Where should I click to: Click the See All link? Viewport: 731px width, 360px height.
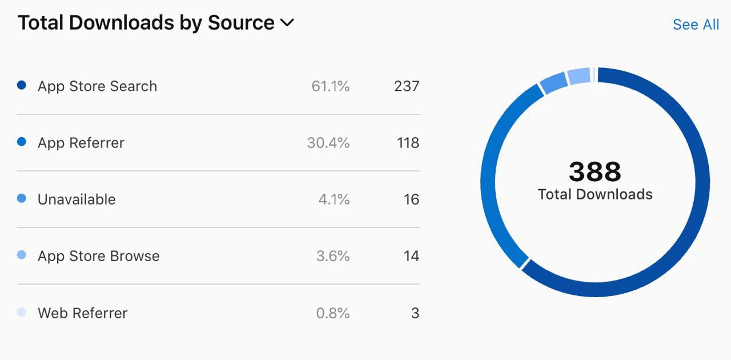[696, 25]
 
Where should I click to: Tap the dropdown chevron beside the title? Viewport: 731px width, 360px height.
[287, 23]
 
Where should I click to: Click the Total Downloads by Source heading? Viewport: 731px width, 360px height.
[146, 23]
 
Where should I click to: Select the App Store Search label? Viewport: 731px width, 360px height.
[97, 86]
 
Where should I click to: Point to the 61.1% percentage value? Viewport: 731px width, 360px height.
[330, 86]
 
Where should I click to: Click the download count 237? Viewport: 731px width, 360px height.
[407, 86]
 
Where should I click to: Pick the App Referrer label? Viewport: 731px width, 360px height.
[81, 143]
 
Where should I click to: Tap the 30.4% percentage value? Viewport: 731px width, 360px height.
[328, 143]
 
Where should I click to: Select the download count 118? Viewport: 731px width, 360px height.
[408, 143]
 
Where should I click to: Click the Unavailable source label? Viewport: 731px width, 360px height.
[77, 199]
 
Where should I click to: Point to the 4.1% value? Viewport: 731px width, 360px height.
[334, 199]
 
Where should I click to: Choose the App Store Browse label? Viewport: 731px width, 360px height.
[99, 256]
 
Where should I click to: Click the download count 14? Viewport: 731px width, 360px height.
[411, 256]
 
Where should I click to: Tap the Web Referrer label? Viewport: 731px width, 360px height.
[83, 313]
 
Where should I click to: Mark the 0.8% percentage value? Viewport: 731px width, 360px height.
[333, 313]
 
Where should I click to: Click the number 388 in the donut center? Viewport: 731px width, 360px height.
[595, 171]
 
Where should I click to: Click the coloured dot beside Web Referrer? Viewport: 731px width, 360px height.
[22, 312]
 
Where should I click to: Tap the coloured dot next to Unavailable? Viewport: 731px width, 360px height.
[22, 199]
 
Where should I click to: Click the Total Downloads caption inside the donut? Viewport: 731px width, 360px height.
[595, 194]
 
